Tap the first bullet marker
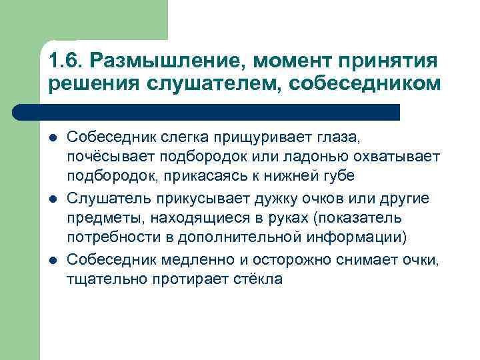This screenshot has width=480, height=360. (53, 138)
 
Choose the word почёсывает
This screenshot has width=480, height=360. (109, 157)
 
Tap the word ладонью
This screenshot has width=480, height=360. (322, 157)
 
